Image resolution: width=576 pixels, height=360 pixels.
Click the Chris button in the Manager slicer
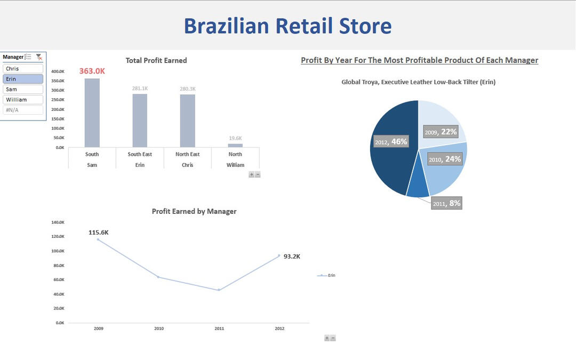click(23, 69)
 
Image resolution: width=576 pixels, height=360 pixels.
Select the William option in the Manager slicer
click(23, 100)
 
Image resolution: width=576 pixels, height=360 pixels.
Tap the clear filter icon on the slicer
click(39, 57)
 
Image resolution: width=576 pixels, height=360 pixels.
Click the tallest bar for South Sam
click(92, 113)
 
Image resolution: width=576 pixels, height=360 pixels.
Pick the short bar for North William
click(235, 146)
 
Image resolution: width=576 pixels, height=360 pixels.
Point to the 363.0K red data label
click(92, 71)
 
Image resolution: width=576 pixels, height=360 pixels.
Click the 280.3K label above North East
click(187, 89)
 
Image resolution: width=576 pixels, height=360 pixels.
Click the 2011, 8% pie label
click(446, 204)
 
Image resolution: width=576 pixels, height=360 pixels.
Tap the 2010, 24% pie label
click(445, 159)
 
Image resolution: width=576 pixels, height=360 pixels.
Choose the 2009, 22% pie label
click(441, 132)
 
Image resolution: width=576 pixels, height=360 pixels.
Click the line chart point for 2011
click(219, 290)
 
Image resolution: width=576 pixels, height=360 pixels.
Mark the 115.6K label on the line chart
click(99, 233)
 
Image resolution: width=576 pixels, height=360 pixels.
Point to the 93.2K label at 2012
click(292, 257)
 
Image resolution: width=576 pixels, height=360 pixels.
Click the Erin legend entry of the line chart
click(326, 275)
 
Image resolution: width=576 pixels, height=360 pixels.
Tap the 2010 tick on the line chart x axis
click(159, 329)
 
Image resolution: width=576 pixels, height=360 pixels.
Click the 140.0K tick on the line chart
click(58, 222)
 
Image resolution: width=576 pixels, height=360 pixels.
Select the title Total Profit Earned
click(156, 61)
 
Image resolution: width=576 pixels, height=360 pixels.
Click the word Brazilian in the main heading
click(226, 26)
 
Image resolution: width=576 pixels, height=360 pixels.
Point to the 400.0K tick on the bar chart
click(58, 71)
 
